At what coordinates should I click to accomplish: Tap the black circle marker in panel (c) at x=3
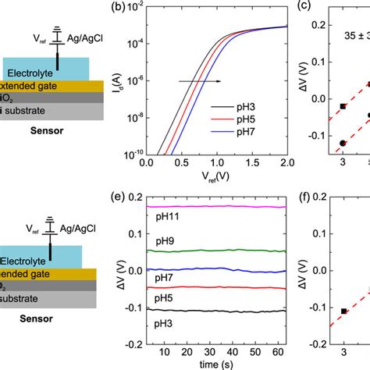pyautogui.click(x=343, y=143)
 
